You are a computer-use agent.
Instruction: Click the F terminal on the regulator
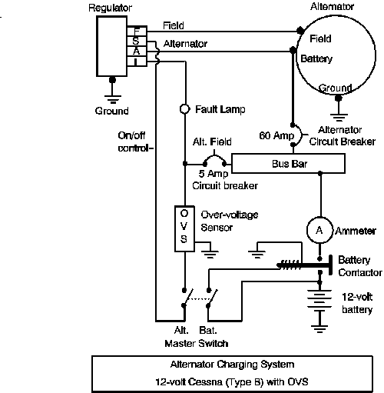pos(137,31)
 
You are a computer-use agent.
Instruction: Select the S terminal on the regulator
pos(137,41)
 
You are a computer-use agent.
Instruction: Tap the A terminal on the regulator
pos(137,51)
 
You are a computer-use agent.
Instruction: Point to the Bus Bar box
pos(288,164)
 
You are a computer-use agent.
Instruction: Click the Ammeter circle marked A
pos(319,230)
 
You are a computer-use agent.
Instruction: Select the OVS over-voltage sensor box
pos(184,228)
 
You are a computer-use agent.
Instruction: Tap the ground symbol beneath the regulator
pos(113,99)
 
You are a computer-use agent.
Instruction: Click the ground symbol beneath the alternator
pos(339,118)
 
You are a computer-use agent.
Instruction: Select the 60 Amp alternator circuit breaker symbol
pos(297,135)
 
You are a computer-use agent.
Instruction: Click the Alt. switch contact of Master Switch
pos(187,298)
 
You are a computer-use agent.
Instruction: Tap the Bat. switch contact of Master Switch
pos(212,298)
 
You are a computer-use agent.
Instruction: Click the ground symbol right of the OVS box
pos(210,254)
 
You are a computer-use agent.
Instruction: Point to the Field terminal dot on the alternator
pos(300,31)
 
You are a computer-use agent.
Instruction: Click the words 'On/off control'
pos(135,142)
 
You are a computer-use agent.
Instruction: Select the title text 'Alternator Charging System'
pos(232,365)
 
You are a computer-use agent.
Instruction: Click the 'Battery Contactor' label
pos(360,266)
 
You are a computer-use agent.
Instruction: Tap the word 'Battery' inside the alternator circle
pos(316,59)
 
